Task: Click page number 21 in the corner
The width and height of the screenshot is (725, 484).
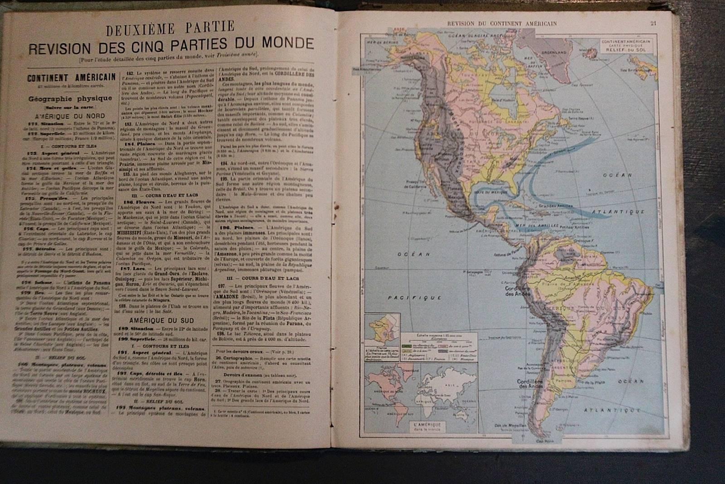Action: pos(653,24)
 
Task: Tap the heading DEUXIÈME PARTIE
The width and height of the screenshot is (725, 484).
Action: pos(170,29)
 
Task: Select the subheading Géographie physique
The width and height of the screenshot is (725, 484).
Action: pos(70,98)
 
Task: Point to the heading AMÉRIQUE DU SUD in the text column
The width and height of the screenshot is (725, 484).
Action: pos(162,320)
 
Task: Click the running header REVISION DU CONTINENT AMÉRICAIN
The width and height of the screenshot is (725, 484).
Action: pos(502,24)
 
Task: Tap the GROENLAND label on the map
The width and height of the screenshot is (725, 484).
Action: pos(555,53)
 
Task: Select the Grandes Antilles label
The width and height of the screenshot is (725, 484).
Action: pos(556,205)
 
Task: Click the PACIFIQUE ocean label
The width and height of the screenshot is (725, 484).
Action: pos(415,298)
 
